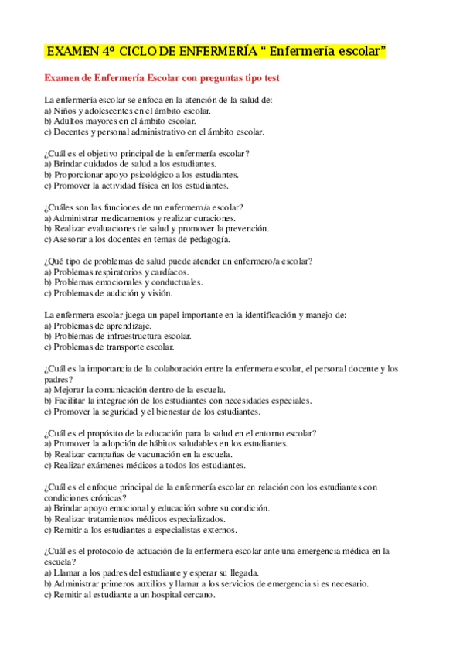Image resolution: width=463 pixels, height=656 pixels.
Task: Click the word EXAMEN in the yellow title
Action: click(x=72, y=52)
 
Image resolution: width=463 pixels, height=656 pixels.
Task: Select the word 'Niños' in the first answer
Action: click(x=66, y=111)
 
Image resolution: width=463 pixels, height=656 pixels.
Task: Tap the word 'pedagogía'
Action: click(x=208, y=240)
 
